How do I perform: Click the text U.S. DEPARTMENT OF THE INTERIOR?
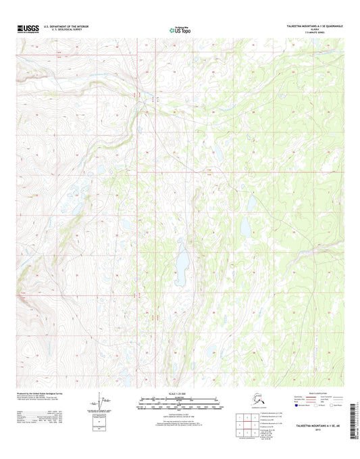[76, 26]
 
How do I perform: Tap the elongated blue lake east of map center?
[251, 203]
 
